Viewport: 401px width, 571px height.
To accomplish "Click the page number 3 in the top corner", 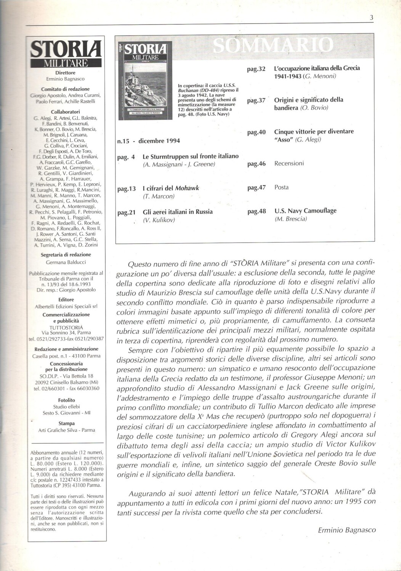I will coord(371,18).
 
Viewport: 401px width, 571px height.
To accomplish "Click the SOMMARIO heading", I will coord(273,46).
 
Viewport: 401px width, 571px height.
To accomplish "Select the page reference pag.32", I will coord(256,69).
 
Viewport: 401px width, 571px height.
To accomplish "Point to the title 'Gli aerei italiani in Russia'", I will coord(178,212).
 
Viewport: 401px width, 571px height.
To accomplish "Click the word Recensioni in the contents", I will coord(289,163).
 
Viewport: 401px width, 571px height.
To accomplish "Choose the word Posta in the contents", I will coord(281,187).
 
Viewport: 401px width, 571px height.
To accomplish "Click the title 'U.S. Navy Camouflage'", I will coord(305,211).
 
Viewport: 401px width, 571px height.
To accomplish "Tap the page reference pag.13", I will coord(127,189).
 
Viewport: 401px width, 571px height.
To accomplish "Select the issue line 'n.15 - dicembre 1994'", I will coord(149,141).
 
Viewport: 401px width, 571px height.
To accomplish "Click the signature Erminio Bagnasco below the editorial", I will coord(346,530).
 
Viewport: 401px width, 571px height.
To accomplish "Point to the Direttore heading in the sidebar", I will coord(65,73).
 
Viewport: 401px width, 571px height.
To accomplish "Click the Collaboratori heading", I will coord(65,112).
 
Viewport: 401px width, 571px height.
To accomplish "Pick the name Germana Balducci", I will coord(66,262).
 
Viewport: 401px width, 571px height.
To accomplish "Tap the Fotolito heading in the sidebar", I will coord(67,400).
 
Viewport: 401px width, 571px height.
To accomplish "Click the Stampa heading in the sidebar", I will coord(67,423).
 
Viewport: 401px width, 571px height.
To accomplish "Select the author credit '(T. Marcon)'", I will coord(159,196).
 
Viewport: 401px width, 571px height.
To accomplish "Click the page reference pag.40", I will coord(256,132).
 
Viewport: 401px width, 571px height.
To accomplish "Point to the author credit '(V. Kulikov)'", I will coord(159,220).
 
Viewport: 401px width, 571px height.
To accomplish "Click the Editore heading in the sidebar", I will coord(66,300).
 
